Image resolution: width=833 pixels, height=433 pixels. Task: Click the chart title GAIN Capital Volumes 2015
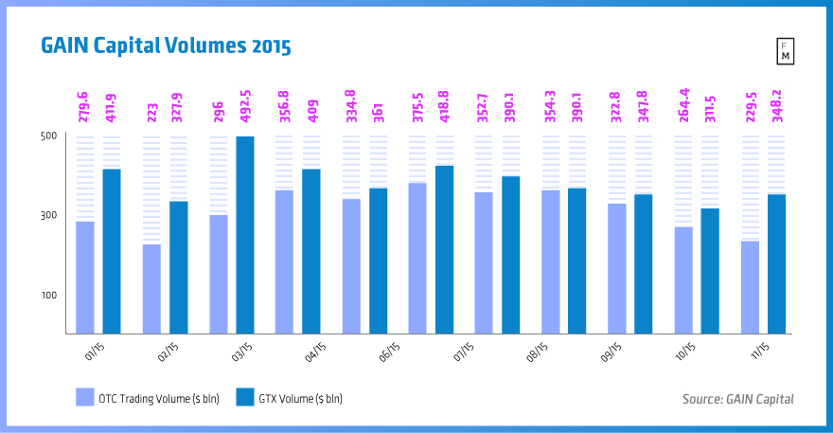[165, 45]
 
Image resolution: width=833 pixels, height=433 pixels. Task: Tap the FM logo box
[785, 52]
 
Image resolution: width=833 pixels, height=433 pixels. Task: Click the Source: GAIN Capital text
[737, 399]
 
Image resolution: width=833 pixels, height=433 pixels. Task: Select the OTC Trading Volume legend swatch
[84, 398]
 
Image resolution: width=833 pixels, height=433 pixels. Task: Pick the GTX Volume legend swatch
[244, 398]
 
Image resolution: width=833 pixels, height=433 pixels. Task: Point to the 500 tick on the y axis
[49, 136]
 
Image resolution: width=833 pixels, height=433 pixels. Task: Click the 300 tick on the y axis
[49, 216]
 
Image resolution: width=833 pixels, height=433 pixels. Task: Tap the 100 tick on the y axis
[49, 296]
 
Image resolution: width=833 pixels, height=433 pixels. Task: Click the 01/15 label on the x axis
[95, 352]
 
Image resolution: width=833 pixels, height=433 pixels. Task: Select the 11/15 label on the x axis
[760, 352]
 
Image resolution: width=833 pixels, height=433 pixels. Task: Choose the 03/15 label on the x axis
[240, 352]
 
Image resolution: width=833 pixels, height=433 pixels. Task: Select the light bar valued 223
[151, 289]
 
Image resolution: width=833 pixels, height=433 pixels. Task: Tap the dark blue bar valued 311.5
[710, 271]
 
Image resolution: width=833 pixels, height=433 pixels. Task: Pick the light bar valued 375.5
[417, 258]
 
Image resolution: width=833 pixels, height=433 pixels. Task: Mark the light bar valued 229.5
[750, 287]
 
